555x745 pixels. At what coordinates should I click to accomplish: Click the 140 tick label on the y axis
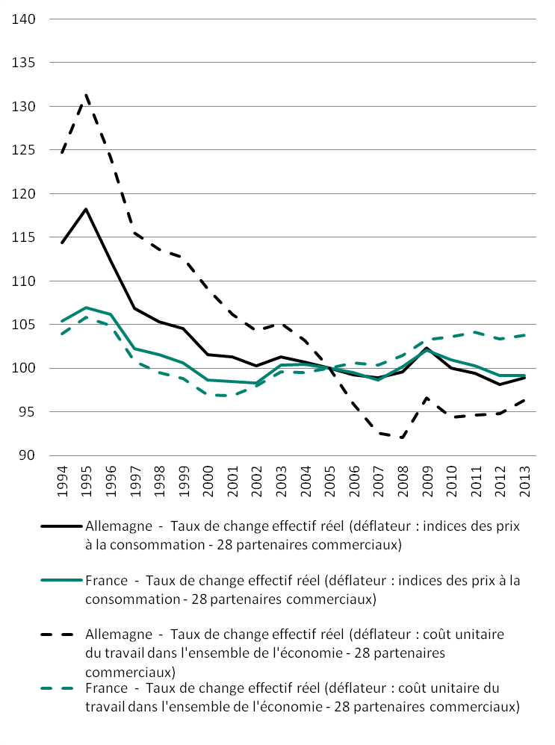[25, 19]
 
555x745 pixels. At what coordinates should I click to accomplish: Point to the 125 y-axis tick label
[25, 150]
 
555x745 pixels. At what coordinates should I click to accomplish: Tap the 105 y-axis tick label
[25, 325]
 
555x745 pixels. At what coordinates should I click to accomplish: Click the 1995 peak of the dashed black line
[87, 95]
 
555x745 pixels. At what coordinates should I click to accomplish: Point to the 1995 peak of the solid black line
[87, 209]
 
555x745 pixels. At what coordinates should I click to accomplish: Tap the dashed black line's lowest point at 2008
[403, 437]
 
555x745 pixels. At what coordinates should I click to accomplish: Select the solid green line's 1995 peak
[87, 308]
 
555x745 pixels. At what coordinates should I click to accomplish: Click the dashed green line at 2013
[524, 335]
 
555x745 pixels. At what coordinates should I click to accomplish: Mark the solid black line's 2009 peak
[427, 348]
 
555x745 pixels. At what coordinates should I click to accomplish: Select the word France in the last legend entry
[107, 688]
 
